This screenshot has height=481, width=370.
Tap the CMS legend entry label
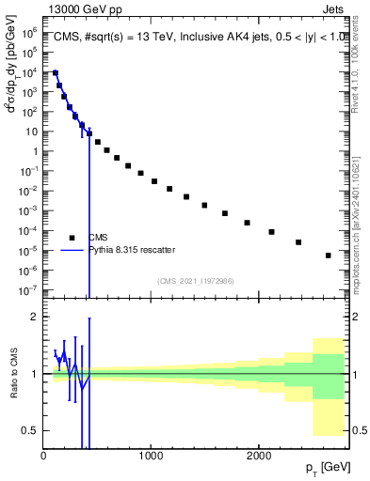tap(99, 238)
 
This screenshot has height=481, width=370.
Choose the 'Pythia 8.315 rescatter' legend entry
tap(128, 250)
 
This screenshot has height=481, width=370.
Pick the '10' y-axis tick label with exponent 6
tap(30, 32)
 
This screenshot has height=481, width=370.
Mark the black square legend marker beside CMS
tap(71, 238)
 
